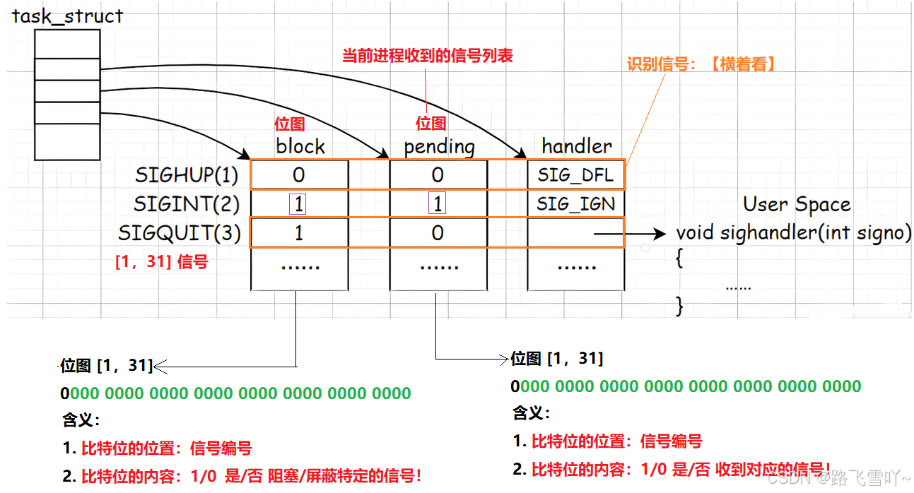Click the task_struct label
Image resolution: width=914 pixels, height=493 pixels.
(x=67, y=16)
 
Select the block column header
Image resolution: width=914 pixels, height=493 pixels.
(x=300, y=146)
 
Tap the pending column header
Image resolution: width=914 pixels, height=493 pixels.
(x=439, y=146)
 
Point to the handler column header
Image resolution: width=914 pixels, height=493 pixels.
(x=577, y=145)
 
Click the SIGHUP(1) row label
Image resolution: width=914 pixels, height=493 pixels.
(x=187, y=174)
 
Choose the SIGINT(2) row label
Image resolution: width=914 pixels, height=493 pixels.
(x=187, y=204)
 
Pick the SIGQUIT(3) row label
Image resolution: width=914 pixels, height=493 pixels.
(x=180, y=232)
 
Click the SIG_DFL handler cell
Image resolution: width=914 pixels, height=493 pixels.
(x=575, y=174)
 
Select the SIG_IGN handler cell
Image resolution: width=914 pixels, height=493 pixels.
(x=575, y=204)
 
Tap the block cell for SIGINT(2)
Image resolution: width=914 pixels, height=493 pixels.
(x=299, y=204)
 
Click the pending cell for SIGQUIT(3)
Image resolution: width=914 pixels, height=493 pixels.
(x=438, y=232)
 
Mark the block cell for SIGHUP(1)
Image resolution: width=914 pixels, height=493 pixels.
(x=299, y=174)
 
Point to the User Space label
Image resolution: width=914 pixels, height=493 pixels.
(x=797, y=205)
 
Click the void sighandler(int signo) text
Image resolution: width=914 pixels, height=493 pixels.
(x=793, y=232)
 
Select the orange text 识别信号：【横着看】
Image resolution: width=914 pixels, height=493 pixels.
(x=702, y=64)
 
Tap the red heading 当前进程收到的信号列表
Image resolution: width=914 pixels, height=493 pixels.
(x=427, y=56)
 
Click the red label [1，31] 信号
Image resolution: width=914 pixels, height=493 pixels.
(x=161, y=262)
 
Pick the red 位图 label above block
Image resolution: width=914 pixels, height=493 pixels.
(x=289, y=124)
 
